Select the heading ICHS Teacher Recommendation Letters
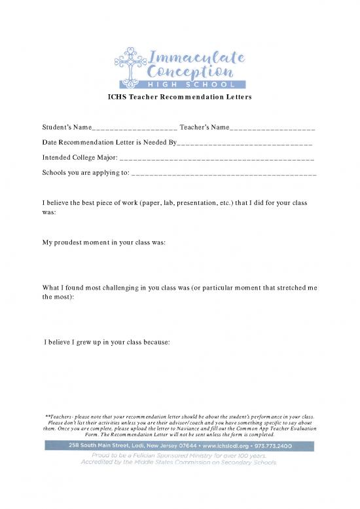tap(179, 97)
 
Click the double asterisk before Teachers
tap(47, 416)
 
